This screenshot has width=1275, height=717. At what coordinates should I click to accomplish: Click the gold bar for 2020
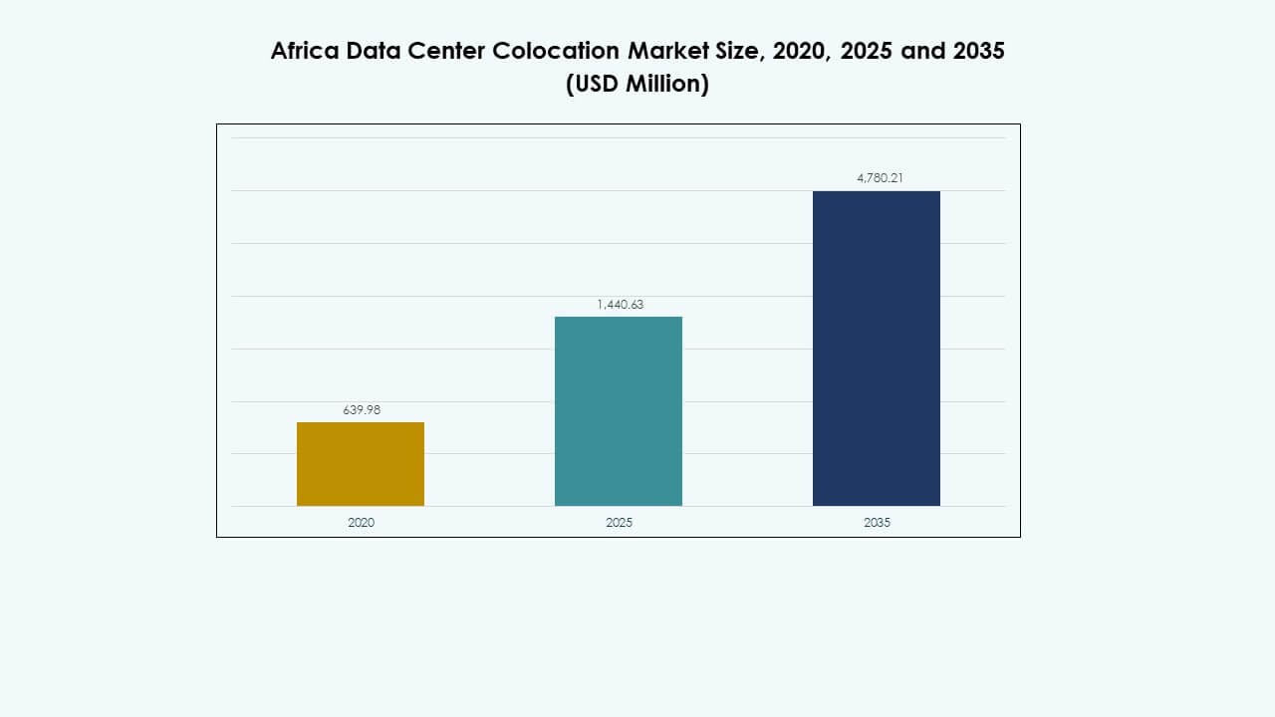(361, 464)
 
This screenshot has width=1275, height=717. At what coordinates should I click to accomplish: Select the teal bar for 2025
(619, 411)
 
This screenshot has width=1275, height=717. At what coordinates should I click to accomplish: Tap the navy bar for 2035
(877, 349)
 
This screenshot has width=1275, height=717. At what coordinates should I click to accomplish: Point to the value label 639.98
(361, 409)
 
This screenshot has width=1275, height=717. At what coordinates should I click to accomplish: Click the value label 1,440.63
(620, 305)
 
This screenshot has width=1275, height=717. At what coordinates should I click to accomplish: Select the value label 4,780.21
(877, 178)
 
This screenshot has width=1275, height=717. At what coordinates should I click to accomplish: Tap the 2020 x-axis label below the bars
(361, 523)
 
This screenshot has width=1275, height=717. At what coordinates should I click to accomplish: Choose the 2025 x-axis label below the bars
(619, 523)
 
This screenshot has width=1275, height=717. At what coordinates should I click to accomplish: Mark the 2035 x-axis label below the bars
(877, 523)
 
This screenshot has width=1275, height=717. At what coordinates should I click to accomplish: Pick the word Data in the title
(375, 52)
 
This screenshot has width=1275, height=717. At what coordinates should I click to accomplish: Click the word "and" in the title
(922, 52)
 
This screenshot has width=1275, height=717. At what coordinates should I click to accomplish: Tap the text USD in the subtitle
(596, 85)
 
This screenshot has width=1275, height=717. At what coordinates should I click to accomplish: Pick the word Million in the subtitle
(667, 85)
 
